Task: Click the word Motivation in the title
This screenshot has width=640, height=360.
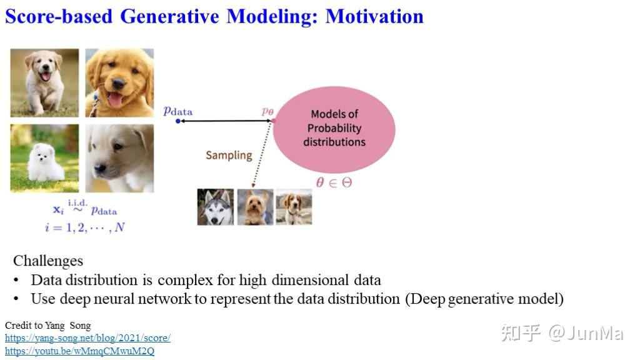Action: point(374,16)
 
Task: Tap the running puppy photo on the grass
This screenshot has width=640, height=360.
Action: point(44,82)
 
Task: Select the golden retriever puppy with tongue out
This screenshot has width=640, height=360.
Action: point(119,82)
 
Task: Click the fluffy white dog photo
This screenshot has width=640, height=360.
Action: point(44,158)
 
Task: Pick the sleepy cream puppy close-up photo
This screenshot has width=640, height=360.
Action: point(119,158)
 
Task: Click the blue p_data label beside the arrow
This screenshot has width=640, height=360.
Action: point(178,111)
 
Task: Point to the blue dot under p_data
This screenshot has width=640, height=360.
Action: point(178,121)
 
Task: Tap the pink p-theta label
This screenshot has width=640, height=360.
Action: point(267,111)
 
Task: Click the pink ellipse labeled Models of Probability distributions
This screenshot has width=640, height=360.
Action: point(334,128)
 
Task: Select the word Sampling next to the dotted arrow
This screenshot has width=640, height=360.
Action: point(229,155)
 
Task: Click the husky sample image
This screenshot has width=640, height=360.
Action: point(216,207)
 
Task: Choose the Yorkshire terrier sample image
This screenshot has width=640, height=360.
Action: point(255,207)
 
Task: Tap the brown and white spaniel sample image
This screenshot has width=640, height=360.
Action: point(294,207)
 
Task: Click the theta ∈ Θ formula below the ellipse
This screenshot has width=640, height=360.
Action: point(334,182)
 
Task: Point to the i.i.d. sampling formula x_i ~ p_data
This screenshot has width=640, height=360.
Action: point(84,208)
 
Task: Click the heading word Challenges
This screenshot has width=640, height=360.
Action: point(48,260)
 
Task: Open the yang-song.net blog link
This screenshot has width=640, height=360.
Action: point(87,338)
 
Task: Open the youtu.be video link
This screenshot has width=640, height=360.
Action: point(79,351)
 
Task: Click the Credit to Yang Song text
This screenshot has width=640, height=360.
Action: point(47,326)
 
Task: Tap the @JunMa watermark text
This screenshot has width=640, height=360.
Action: point(586,333)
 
